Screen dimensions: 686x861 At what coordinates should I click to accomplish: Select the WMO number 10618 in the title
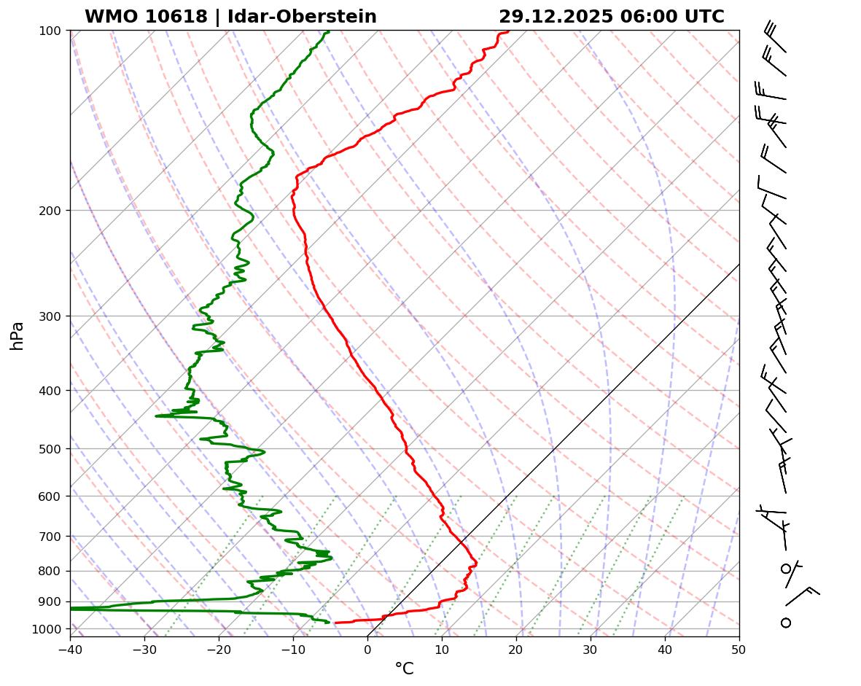tap(177, 17)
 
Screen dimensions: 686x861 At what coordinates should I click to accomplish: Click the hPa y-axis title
tap(17, 335)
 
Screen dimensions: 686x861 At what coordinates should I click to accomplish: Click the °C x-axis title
tap(404, 669)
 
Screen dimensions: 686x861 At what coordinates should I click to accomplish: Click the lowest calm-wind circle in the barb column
tap(786, 623)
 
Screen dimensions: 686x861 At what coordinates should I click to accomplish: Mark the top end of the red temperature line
tap(508, 31)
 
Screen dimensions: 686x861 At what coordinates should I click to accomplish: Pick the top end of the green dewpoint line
tap(328, 31)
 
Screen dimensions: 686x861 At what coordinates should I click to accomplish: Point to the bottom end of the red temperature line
tap(335, 623)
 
